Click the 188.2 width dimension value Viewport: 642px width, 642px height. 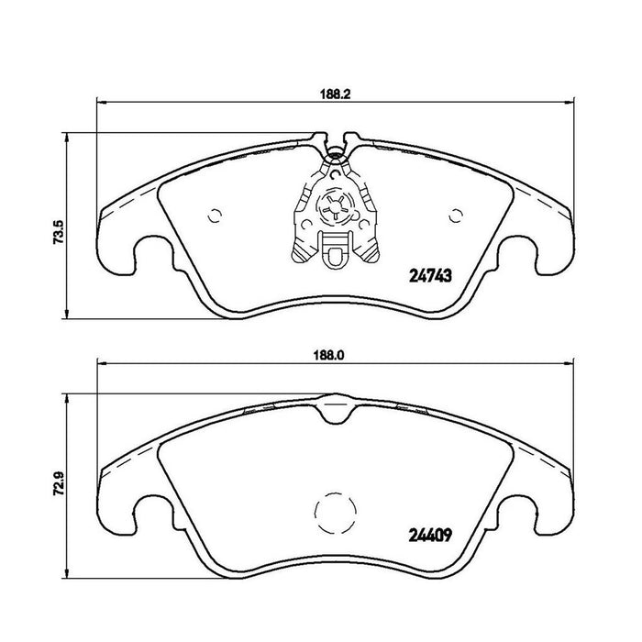336,94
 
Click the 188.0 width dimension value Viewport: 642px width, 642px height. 328,356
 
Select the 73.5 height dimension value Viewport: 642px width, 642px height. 58,232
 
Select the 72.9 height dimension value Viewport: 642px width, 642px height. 58,484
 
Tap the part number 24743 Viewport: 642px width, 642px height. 430,276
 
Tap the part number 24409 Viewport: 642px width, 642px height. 430,535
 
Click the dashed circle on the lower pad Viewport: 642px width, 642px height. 336,493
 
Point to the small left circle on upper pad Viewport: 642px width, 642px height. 215,216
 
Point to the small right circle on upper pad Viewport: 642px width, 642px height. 455,216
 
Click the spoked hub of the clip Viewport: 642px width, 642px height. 335,206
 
